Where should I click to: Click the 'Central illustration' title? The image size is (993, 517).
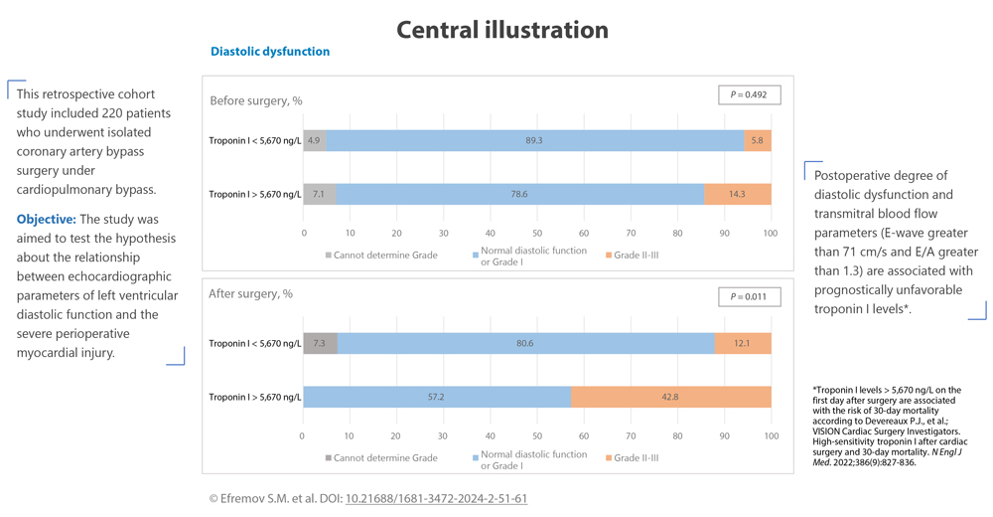tap(502, 30)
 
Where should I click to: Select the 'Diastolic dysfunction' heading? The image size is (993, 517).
tap(270, 52)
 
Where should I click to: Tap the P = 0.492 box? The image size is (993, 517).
tap(749, 94)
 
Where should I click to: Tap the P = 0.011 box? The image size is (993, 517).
tap(749, 296)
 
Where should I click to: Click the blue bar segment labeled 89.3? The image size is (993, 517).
tap(534, 141)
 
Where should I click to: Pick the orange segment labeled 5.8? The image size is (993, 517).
tap(758, 141)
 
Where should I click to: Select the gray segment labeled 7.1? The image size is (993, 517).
tap(319, 194)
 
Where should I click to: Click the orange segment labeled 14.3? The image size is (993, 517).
tap(737, 194)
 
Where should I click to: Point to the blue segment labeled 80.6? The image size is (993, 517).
tap(525, 343)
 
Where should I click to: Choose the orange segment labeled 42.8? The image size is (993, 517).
tap(670, 397)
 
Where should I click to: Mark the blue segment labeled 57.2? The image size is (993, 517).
tap(436, 397)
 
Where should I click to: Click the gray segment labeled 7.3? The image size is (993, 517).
tap(319, 343)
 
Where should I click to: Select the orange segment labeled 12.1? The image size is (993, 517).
tap(742, 343)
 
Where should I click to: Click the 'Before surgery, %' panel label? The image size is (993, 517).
tap(256, 100)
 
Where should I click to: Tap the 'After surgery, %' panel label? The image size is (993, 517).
tap(250, 293)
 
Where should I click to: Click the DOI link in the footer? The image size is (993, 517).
tap(436, 498)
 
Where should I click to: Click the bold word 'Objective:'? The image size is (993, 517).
tap(47, 219)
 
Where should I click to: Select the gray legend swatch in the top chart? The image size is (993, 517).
tap(329, 256)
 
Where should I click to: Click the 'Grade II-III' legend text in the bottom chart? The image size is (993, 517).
tap(637, 458)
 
